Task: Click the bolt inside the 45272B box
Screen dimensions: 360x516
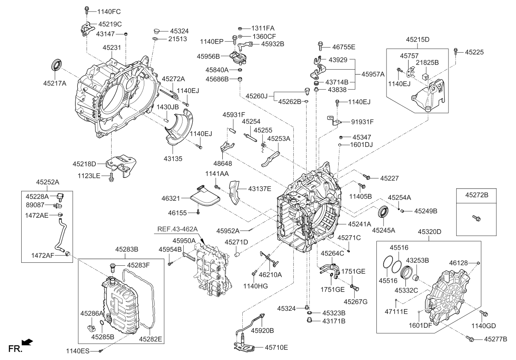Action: click(x=477, y=218)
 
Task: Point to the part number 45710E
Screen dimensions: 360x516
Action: click(x=276, y=347)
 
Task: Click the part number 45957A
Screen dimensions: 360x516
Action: click(x=373, y=73)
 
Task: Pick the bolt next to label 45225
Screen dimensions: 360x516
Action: click(x=456, y=51)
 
